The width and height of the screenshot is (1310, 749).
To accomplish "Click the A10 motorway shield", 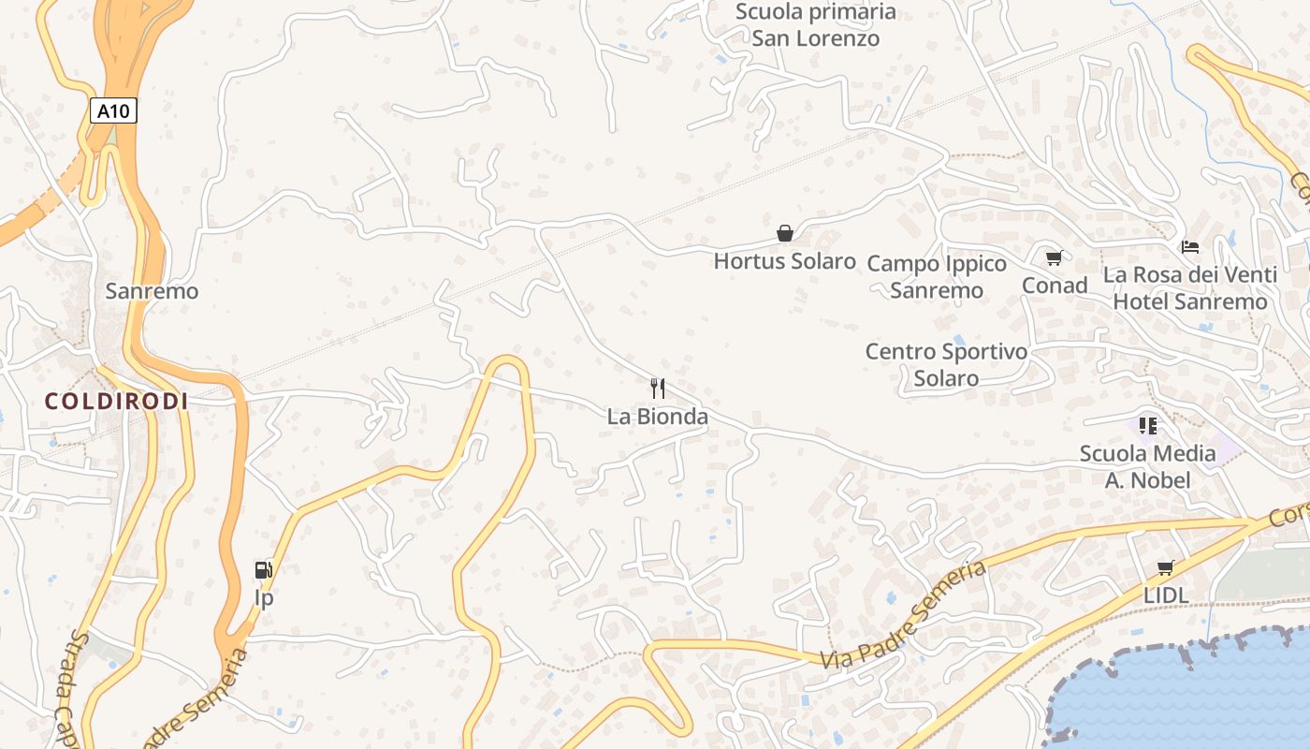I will [115, 111].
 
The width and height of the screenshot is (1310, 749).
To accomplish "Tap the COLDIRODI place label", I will [117, 402].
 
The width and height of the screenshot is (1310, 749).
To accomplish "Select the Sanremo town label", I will [152, 291].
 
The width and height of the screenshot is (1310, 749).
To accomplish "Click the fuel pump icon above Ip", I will [264, 569].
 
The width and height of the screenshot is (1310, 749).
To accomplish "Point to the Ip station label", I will [265, 597].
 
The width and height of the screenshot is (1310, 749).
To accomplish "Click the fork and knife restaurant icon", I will [658, 388].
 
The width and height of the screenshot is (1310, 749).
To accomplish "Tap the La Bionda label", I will [658, 417].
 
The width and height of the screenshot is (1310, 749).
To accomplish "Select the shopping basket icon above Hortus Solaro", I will [785, 232].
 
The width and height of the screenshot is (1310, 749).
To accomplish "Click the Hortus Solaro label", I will [785, 261].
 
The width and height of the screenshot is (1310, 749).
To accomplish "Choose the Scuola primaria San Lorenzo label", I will [816, 25].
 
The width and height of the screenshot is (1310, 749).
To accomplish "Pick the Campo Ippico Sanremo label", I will [937, 276].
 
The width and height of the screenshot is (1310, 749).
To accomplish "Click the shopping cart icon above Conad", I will [1055, 257].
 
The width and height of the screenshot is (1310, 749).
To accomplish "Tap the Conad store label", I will [1055, 286].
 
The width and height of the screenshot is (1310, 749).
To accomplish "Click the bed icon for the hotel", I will [1190, 247].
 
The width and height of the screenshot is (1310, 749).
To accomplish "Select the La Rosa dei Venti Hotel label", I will [1190, 288].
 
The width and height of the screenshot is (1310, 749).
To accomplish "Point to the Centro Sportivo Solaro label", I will [946, 365].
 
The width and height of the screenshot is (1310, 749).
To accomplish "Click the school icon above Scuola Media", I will [1148, 426].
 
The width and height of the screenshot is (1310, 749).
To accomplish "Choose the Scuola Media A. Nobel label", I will [1148, 467].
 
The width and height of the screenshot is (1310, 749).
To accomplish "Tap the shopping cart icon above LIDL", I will [1166, 567].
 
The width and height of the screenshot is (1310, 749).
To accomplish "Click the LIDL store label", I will [1166, 595].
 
